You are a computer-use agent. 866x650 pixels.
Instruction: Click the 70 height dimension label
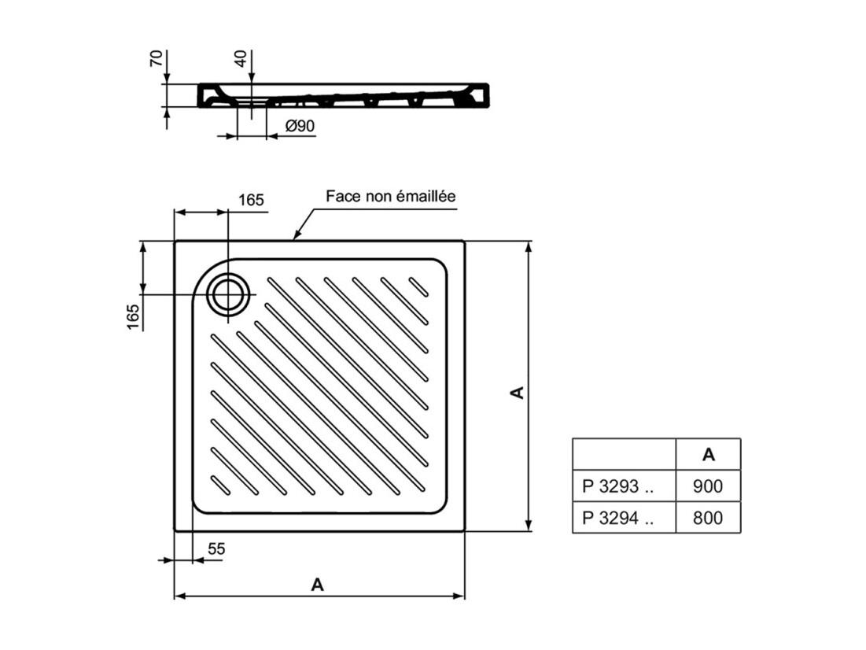tap(157, 58)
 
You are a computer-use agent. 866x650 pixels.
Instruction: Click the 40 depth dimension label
tap(241, 58)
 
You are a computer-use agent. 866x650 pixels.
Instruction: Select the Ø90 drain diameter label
tap(300, 126)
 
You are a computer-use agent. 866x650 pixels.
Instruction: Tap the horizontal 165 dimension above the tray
tap(251, 200)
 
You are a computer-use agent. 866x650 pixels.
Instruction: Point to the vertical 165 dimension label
tap(133, 316)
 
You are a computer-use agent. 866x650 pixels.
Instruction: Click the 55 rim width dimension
tap(216, 548)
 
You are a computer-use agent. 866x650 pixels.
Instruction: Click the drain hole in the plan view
tap(228, 294)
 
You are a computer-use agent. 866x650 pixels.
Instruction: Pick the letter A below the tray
tap(317, 584)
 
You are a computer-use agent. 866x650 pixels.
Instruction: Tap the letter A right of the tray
tap(518, 393)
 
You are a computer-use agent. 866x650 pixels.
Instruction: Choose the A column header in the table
tap(709, 454)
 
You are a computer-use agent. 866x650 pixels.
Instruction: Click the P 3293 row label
tap(618, 486)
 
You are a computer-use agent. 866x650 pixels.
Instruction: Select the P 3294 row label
tap(618, 518)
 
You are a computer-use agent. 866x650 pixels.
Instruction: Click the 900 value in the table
tap(707, 486)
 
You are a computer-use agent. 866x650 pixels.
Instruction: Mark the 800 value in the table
tap(707, 518)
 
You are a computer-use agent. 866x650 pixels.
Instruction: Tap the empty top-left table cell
tap(624, 454)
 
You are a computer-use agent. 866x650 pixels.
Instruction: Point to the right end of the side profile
tap(488, 94)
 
